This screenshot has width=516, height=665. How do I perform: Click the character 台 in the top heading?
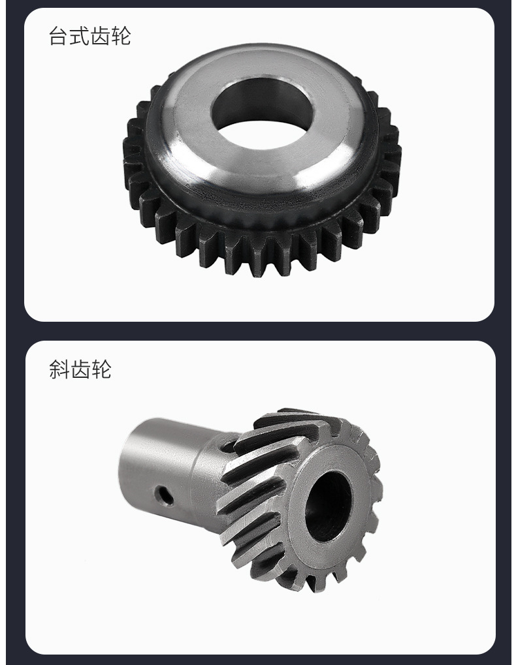click(x=59, y=36)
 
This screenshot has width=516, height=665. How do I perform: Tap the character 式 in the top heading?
click(x=79, y=36)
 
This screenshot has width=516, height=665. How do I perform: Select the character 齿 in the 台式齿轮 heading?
click(x=100, y=36)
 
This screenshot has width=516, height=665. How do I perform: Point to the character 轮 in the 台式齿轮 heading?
click(x=121, y=36)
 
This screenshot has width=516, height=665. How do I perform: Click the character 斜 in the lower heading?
click(x=59, y=369)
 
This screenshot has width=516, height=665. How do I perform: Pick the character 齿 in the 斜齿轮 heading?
click(x=79, y=369)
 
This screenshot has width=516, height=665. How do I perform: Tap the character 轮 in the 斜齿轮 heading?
click(x=101, y=369)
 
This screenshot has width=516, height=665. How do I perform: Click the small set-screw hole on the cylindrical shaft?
click(x=164, y=495)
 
